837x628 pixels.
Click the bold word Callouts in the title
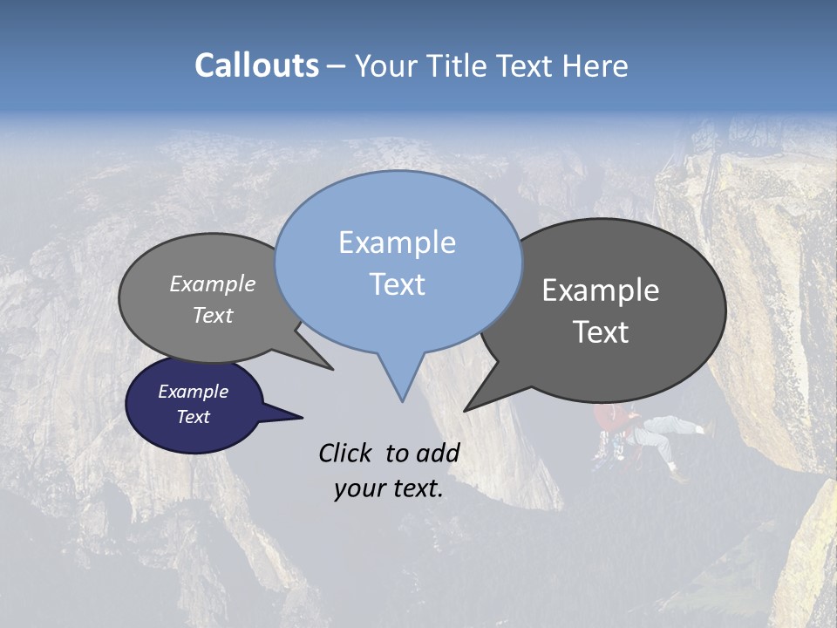pos(256,65)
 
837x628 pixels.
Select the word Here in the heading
pos(596,65)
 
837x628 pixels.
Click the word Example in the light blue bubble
pos(397,242)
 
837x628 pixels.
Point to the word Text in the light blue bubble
pos(397,284)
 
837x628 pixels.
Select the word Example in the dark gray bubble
pos(601,290)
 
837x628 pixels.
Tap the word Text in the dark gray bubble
pos(601,332)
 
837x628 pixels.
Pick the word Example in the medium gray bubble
pos(213,284)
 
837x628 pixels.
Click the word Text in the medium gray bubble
pos(213,315)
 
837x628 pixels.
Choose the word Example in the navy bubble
pos(194,392)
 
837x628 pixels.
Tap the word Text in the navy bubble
pos(194,417)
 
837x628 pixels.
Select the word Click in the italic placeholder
pos(346,453)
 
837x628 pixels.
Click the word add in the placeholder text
pos(438,453)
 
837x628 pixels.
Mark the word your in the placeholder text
pos(359,489)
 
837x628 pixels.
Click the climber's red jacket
pos(614,421)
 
